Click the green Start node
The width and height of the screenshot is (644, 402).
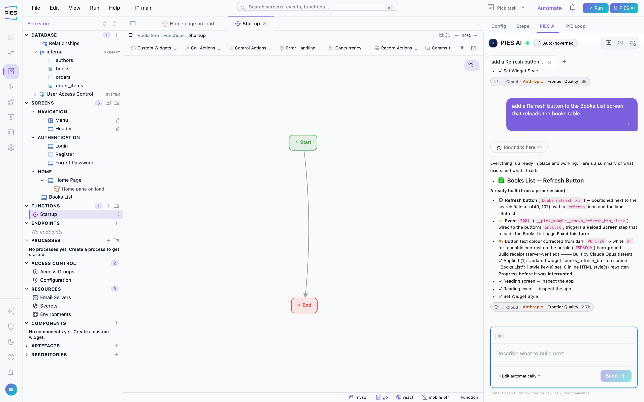(x=303, y=143)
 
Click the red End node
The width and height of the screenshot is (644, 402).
(x=304, y=305)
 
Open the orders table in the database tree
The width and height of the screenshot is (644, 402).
(x=63, y=77)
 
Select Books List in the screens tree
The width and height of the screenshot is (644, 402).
(x=60, y=197)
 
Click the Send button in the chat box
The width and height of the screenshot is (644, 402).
(x=616, y=376)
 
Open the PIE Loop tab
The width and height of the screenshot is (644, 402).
(x=576, y=26)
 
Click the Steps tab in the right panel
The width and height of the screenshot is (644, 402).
(x=523, y=26)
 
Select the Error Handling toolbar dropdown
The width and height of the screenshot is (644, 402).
(x=300, y=48)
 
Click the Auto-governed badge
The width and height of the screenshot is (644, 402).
(x=555, y=43)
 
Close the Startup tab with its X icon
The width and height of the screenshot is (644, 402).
(x=264, y=24)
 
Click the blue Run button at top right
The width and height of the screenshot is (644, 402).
(x=595, y=8)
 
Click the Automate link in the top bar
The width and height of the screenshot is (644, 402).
(x=549, y=8)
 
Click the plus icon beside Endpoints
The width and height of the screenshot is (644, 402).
(x=116, y=223)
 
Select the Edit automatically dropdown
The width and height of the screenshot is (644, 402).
(x=519, y=376)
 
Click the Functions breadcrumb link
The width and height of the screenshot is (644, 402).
(x=174, y=35)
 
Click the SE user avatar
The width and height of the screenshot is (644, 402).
(x=11, y=390)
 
